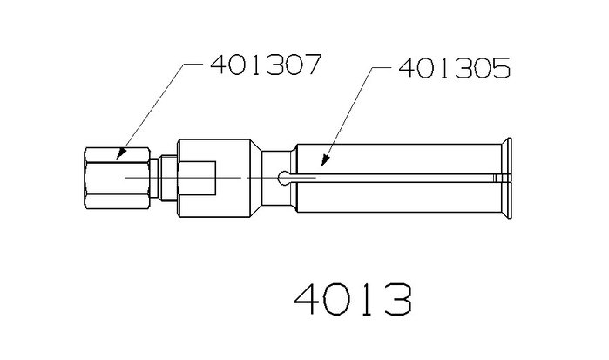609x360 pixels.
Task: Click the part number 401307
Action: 266,65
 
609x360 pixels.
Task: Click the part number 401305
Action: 455,68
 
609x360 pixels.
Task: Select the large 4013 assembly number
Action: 353,299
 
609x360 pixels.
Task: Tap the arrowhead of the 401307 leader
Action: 121,154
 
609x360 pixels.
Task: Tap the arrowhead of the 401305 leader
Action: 324,161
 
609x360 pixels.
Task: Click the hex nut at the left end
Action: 118,178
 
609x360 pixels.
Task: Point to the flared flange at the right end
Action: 506,178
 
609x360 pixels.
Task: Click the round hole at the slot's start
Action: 283,178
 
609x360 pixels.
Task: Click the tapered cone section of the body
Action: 256,178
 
